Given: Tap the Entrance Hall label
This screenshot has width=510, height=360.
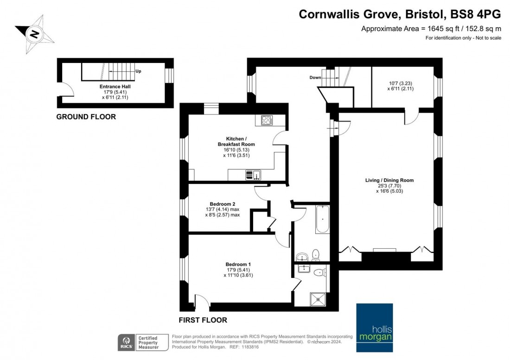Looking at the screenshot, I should (x=115, y=86).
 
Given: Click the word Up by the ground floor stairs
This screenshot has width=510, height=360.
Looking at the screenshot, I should (x=138, y=71).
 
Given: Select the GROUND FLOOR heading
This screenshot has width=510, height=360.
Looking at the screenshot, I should (x=86, y=117).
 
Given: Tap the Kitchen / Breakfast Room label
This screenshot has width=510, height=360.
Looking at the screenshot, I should (x=236, y=141).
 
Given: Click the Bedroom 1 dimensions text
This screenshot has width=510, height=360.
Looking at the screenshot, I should (x=239, y=272).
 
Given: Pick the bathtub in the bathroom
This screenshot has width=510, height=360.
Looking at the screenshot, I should (x=322, y=220).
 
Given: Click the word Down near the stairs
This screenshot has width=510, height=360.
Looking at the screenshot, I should (x=315, y=78).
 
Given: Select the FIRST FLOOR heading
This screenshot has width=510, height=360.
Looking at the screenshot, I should (x=203, y=320).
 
